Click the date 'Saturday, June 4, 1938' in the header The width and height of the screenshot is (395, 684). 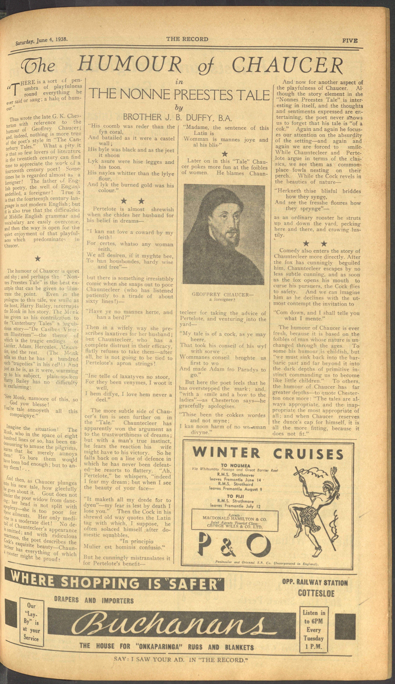[41, 41]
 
